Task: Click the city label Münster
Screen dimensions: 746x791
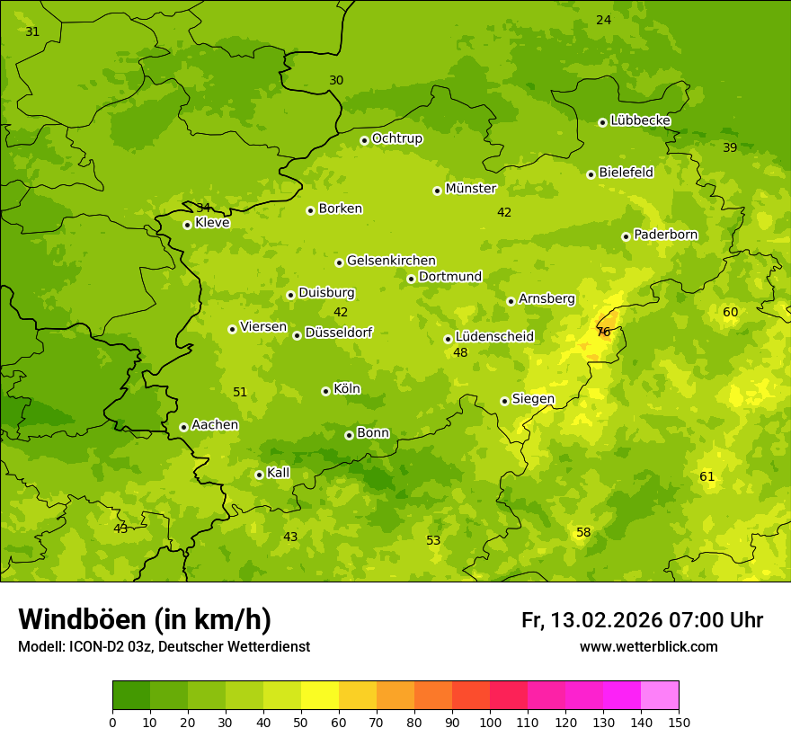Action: click(x=470, y=189)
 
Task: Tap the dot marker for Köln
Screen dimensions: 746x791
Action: click(x=325, y=391)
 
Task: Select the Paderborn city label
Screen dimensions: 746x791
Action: click(x=665, y=235)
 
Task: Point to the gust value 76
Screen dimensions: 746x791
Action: click(x=603, y=332)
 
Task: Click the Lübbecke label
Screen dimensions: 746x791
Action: click(x=640, y=120)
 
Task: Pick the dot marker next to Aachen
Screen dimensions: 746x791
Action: click(x=183, y=427)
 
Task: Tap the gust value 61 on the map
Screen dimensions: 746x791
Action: click(x=707, y=476)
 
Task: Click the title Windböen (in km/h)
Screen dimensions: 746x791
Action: click(x=145, y=619)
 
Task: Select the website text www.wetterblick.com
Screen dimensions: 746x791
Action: click(x=648, y=646)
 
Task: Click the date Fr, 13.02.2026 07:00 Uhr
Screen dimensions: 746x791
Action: click(x=642, y=620)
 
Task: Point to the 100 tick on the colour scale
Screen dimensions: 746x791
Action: click(x=490, y=722)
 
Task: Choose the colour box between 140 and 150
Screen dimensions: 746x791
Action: click(x=660, y=696)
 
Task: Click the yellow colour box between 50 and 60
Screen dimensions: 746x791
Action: click(x=320, y=696)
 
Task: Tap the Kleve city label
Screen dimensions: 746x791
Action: click(x=212, y=223)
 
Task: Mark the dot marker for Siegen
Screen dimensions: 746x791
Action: click(x=504, y=401)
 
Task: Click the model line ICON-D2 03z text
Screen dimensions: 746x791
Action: click(x=164, y=646)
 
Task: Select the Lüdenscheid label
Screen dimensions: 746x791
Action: click(x=494, y=337)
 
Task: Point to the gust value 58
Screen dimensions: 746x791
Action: click(x=583, y=533)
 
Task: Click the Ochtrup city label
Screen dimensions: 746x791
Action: click(x=396, y=138)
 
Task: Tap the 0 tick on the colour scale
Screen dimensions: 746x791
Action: click(x=112, y=722)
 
